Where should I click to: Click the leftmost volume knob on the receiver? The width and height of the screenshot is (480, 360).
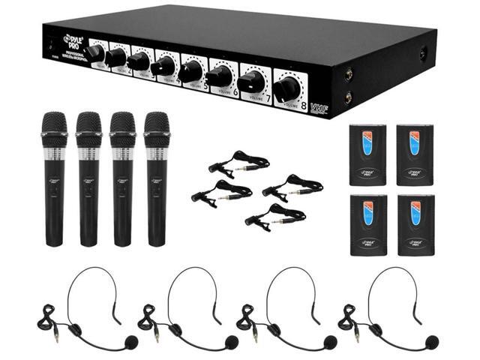click(x=94, y=52)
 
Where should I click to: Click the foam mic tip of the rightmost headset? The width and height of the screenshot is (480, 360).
click(x=430, y=342)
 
